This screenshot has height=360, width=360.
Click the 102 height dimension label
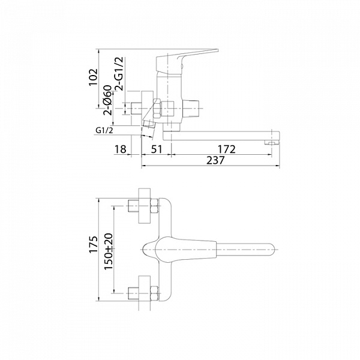(x=94, y=77)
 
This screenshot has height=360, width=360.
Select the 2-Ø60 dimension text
(x=107, y=100)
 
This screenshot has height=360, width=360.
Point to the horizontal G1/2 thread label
(x=104, y=131)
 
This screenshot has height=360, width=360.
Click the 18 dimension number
(x=121, y=149)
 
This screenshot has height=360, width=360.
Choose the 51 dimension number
(x=157, y=149)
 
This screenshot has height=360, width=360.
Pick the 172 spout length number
(x=227, y=149)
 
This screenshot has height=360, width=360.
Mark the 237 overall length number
(x=215, y=160)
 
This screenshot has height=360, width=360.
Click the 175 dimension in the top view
(x=94, y=244)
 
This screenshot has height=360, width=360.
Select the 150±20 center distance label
(x=109, y=251)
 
